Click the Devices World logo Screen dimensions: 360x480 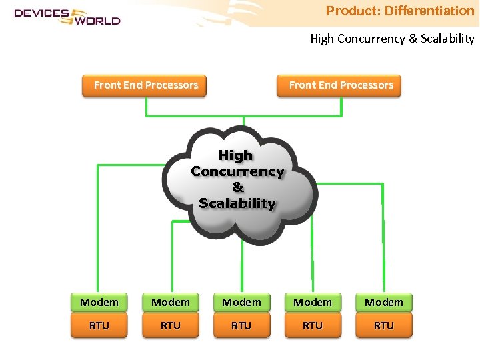click(x=67, y=16)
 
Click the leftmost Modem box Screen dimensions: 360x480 click(x=99, y=303)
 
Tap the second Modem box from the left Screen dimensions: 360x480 click(x=171, y=303)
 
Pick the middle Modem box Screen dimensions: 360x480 click(x=241, y=303)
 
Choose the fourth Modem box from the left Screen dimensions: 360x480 click(x=313, y=303)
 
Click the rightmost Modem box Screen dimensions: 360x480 click(x=384, y=303)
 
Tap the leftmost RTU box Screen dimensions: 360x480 click(x=99, y=326)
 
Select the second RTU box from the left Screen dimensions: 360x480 click(x=171, y=326)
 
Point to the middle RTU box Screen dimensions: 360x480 click(x=241, y=326)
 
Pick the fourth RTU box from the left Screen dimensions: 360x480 click(x=313, y=326)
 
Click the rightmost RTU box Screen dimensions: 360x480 click(x=384, y=326)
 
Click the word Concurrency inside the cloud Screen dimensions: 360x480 click(x=237, y=171)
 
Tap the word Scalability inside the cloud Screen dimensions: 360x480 click(x=237, y=203)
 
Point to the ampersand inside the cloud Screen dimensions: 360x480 click(x=237, y=187)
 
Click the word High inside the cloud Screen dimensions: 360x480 click(x=236, y=155)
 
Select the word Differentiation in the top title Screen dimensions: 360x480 click(x=429, y=11)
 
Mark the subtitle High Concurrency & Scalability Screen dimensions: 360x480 click(x=392, y=39)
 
